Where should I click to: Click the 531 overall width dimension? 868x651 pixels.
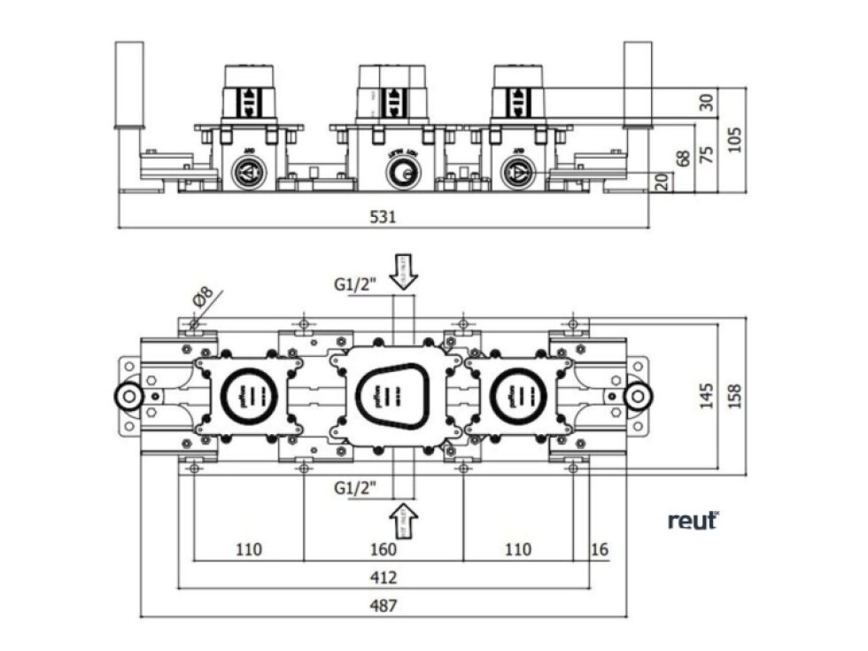(383, 215)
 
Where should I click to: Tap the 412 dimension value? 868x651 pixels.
(384, 577)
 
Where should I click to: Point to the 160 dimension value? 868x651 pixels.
(384, 550)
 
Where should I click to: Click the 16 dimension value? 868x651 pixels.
(600, 550)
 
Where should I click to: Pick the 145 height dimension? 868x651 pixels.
(706, 395)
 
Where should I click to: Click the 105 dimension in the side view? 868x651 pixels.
(734, 139)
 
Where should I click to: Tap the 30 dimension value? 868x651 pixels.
(706, 102)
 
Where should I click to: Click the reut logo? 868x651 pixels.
(693, 521)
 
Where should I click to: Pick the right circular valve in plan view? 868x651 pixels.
(514, 395)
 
